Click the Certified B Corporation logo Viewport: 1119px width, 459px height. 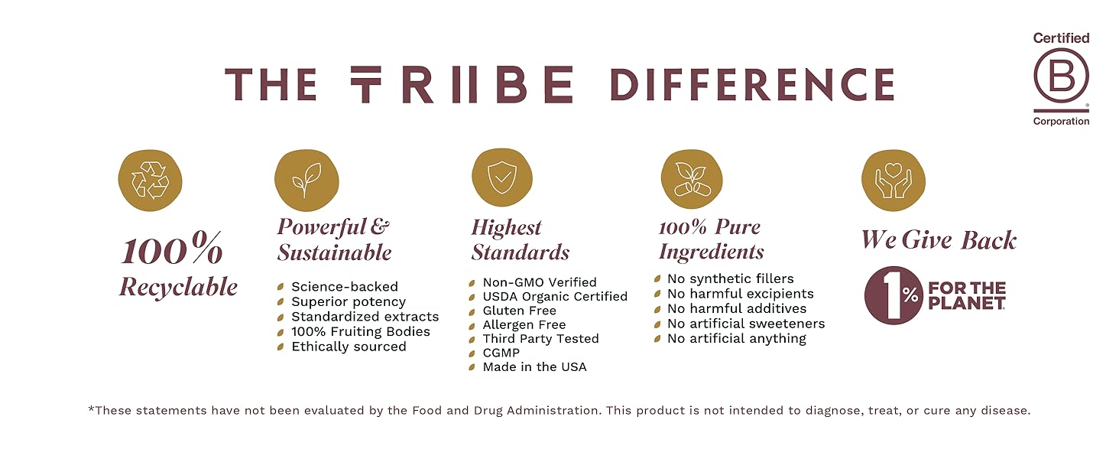[1061, 80]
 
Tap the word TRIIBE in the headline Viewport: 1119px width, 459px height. [462, 85]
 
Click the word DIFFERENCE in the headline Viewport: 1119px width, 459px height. [752, 85]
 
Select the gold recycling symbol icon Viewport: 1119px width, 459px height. [150, 181]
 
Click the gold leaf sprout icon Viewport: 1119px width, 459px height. [307, 181]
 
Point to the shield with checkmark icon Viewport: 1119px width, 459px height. [502, 179]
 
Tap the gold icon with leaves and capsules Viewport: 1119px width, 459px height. [692, 180]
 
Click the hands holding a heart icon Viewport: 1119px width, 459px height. [893, 180]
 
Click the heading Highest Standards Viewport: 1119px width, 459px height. [520, 239]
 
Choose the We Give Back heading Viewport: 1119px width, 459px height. [939, 239]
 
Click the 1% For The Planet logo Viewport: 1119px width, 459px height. [935, 295]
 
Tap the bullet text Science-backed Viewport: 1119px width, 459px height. [344, 287]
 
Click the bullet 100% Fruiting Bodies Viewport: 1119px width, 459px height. [360, 331]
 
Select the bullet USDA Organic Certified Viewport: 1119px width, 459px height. [554, 296]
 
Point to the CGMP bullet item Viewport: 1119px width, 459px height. [501, 353]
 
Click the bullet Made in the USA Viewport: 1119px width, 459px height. [534, 367]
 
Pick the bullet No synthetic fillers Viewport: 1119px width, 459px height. [730, 278]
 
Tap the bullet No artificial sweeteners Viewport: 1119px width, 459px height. [745, 324]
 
